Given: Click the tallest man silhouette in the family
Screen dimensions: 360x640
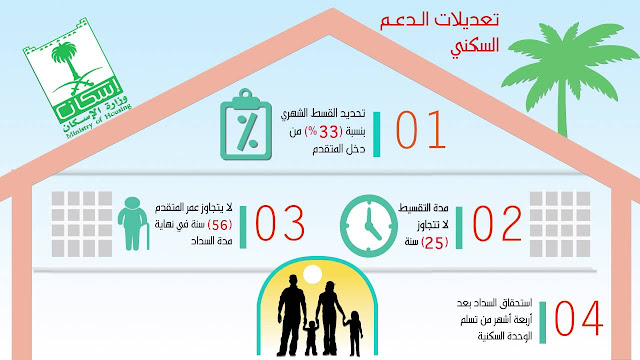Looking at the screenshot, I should (289, 300).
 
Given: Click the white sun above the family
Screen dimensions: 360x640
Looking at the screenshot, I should (311, 274).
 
